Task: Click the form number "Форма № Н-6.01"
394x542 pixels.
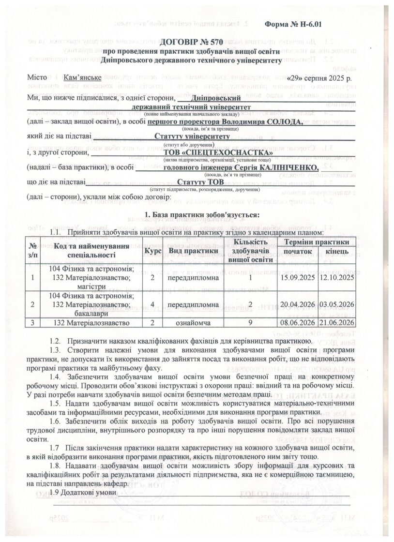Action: pos(293,24)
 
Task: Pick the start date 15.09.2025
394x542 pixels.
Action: pos(298,278)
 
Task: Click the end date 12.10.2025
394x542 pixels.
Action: pos(337,278)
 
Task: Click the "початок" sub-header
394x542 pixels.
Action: pos(298,253)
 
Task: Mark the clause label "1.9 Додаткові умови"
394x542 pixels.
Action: pos(83,492)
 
